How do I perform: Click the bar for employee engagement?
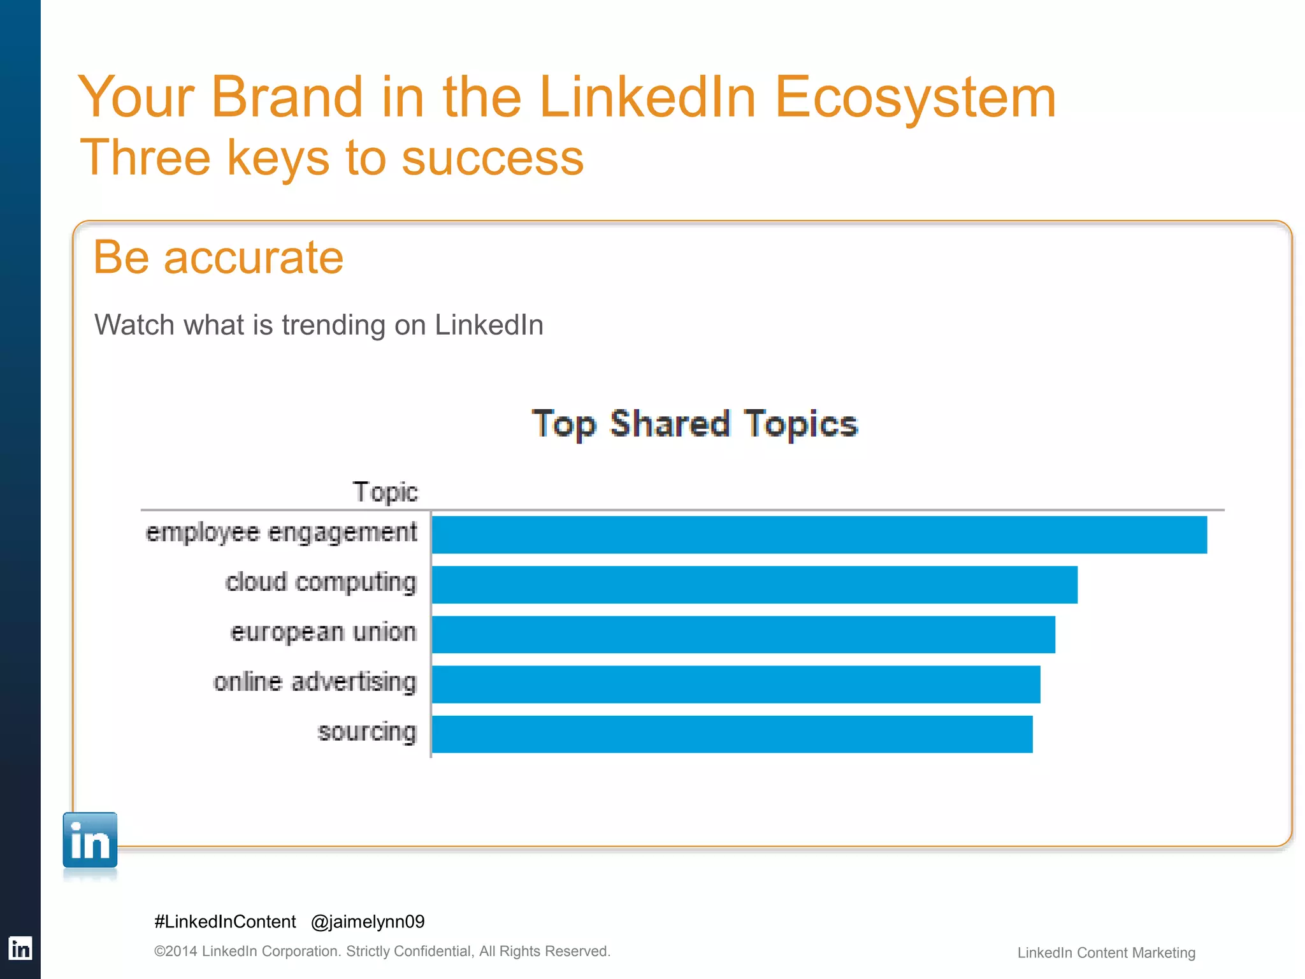(x=819, y=535)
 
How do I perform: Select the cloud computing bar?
(x=754, y=584)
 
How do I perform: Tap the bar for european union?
(x=743, y=634)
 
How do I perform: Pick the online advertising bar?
(x=736, y=685)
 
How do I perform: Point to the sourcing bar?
(x=732, y=734)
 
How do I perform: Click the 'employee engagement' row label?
(x=281, y=533)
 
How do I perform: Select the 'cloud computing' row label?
(x=321, y=583)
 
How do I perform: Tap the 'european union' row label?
(x=323, y=632)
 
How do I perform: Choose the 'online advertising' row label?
(x=315, y=682)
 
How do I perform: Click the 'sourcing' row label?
(x=367, y=732)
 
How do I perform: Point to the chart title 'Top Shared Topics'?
(x=695, y=424)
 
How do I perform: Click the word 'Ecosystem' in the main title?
(x=915, y=97)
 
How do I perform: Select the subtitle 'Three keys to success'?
(x=331, y=157)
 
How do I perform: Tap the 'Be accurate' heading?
(x=218, y=257)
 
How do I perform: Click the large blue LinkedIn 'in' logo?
(x=90, y=840)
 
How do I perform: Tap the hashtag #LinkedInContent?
(x=225, y=922)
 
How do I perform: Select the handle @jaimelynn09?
(x=368, y=922)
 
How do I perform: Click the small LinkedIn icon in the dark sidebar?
(x=20, y=948)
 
